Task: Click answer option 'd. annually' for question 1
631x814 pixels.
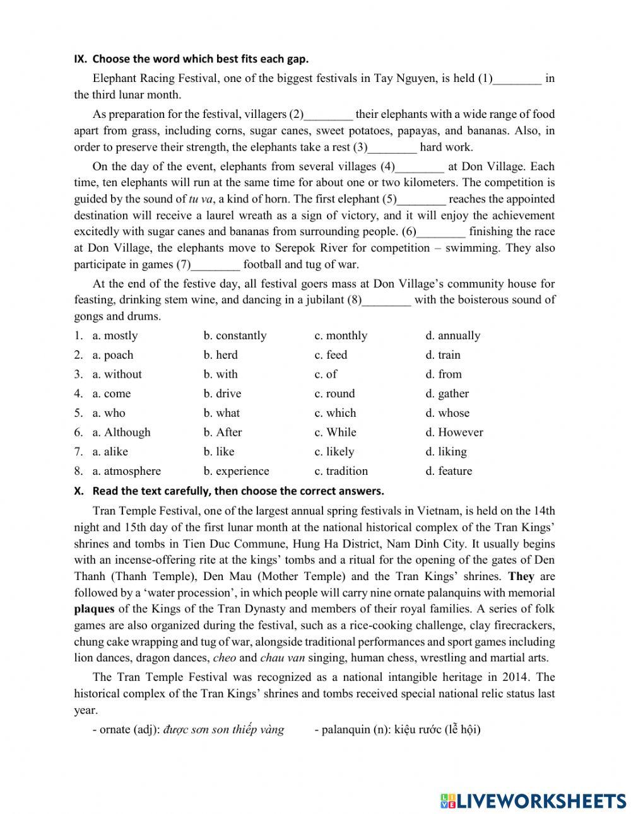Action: coord(452,335)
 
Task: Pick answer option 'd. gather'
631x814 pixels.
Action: coord(447,394)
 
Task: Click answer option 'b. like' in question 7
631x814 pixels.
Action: coord(219,451)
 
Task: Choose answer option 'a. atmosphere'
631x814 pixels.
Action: coord(126,471)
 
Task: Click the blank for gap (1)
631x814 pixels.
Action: coord(517,79)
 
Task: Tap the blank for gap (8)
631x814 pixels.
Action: coord(387,301)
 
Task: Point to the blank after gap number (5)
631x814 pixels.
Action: coord(422,200)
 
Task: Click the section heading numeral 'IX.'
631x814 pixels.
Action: coord(80,59)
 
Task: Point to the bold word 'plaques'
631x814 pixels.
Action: coord(94,609)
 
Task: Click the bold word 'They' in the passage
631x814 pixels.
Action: coord(521,576)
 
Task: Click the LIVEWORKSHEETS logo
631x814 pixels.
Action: coord(533,801)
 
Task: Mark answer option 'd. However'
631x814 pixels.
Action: coord(454,433)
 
